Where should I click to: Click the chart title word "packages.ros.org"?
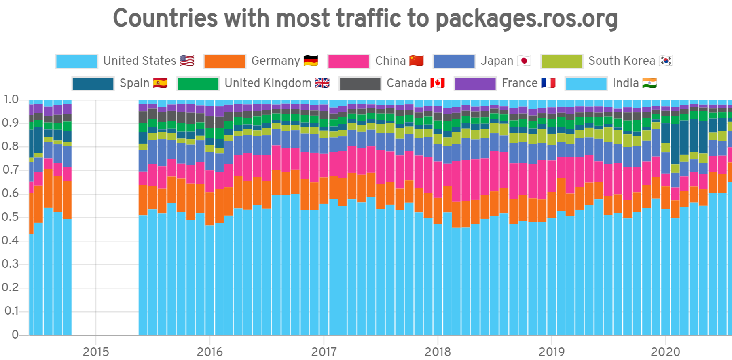526,19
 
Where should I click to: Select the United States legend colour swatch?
76,61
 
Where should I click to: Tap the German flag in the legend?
311,61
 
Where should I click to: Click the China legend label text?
390,61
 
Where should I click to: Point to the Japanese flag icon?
524,61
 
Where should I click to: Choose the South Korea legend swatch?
562,61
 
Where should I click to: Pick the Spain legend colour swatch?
93,83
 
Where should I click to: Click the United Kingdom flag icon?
322,83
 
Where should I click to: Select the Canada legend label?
406,83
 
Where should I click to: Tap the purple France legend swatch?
475,83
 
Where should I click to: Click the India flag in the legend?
649,83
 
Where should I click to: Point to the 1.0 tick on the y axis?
11,100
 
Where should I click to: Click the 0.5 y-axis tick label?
11,217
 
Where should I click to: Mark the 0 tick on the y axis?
15,335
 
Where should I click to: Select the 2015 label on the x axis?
96,352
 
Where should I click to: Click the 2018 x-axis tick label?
438,352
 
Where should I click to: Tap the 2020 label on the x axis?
665,352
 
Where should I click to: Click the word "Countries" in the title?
165,19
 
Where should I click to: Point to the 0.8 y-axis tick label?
11,146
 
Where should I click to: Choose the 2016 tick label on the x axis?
209,352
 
